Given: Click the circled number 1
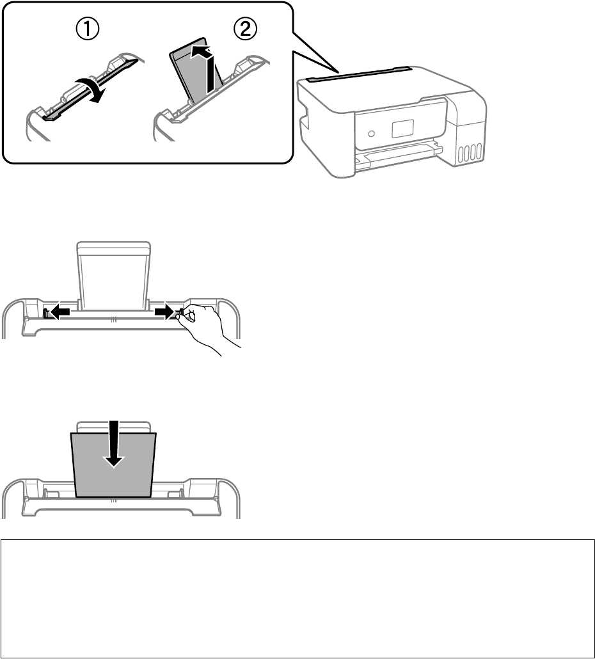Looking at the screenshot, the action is [x=88, y=29].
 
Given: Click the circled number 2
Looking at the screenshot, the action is [x=245, y=29].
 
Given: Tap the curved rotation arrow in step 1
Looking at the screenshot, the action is [x=90, y=88].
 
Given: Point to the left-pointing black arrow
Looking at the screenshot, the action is [x=58, y=312].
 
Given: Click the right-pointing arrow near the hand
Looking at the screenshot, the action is [x=164, y=312].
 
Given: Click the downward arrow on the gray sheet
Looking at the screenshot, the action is [x=114, y=443].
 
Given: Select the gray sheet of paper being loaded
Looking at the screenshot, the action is [x=113, y=465].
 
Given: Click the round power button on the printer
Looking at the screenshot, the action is [x=371, y=134].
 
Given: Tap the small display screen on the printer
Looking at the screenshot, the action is [x=402, y=129].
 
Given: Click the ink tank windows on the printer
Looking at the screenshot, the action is [x=469, y=153].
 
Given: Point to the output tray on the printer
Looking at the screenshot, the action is [x=399, y=155].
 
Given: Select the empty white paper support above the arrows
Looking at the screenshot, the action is [x=113, y=276].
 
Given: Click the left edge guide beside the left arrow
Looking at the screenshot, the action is [x=46, y=313].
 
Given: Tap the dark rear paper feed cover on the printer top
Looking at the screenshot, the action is [x=360, y=74].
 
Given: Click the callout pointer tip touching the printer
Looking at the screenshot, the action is [x=338, y=72].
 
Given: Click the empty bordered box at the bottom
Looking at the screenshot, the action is [x=297, y=598].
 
